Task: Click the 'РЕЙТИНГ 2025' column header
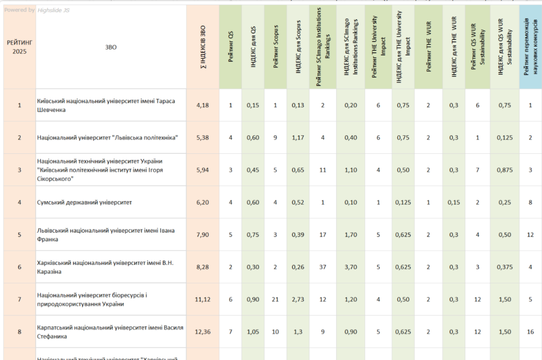click(19, 47)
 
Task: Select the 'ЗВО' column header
click(110, 47)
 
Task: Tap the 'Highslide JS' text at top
click(53, 10)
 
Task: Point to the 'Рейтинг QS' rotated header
click(231, 47)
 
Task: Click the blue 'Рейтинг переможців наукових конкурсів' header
click(530, 47)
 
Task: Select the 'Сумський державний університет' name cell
click(85, 202)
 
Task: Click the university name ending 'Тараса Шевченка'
click(106, 105)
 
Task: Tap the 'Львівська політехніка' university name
click(108, 138)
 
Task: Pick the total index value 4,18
click(202, 105)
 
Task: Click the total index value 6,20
click(202, 202)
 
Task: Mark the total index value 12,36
click(202, 332)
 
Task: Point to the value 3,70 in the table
click(350, 267)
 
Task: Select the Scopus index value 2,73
click(298, 300)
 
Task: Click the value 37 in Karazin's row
click(322, 267)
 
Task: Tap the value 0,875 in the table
click(504, 170)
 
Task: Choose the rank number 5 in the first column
click(19, 235)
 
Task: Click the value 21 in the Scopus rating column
click(275, 300)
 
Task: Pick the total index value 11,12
click(202, 300)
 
